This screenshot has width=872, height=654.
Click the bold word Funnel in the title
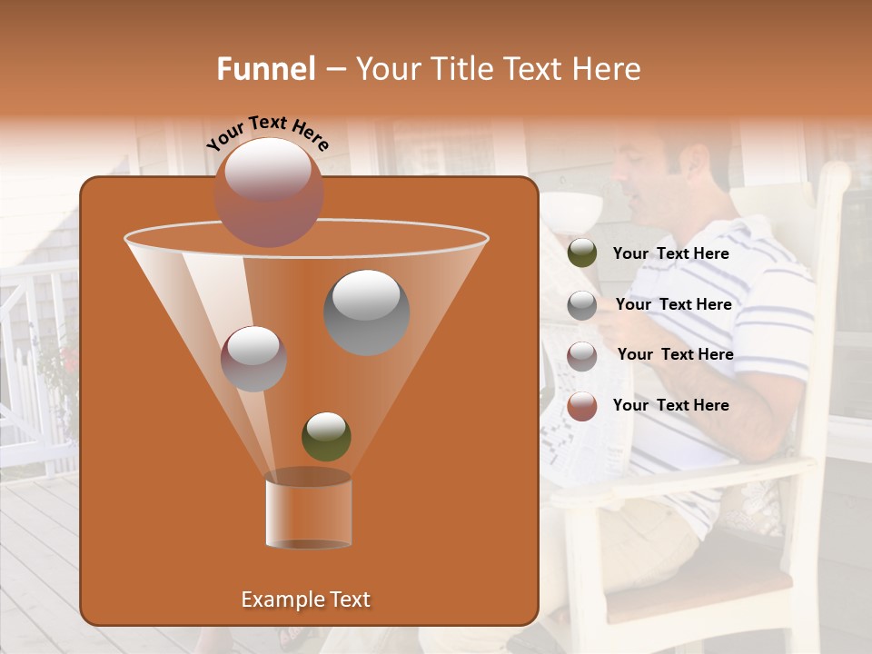(x=265, y=69)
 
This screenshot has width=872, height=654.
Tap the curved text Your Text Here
(x=268, y=133)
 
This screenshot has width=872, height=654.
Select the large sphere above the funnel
(x=269, y=192)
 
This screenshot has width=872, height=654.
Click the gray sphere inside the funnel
(x=366, y=312)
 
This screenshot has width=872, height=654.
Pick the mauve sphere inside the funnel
(x=254, y=359)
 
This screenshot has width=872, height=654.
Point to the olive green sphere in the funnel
(x=326, y=436)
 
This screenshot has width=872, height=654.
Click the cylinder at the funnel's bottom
(x=308, y=510)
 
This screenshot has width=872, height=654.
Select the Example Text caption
(x=305, y=599)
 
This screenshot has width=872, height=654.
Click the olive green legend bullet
(x=582, y=253)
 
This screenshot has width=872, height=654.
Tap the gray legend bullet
(x=582, y=305)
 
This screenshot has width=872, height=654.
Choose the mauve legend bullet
(x=582, y=355)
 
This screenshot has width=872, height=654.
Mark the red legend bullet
(x=582, y=406)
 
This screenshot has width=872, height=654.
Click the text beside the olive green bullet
(x=670, y=253)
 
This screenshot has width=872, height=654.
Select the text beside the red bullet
(x=670, y=405)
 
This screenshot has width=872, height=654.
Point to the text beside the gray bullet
(x=673, y=304)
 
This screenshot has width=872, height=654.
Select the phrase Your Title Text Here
(x=498, y=69)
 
